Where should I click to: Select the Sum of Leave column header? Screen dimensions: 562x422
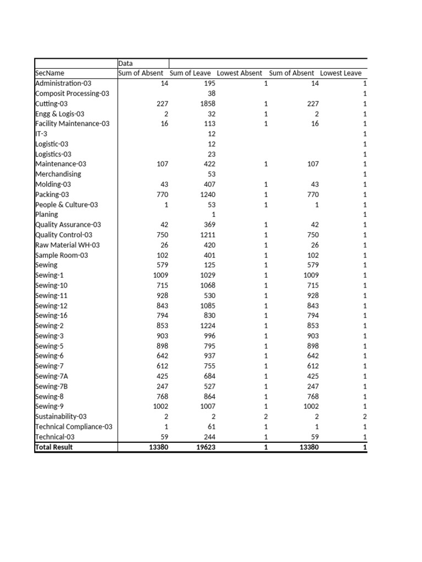tap(190, 74)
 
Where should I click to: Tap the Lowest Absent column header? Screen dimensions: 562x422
tap(240, 74)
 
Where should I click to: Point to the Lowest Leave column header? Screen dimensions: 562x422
tap(341, 74)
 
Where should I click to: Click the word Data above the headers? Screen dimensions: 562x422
tap(126, 64)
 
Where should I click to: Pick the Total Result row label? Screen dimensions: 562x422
tap(54, 447)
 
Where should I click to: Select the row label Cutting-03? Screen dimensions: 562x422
tap(52, 104)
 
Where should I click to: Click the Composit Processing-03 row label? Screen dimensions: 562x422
tap(72, 94)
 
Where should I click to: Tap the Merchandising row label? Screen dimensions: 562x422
tap(58, 175)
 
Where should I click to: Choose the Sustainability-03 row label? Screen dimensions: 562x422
tap(61, 417)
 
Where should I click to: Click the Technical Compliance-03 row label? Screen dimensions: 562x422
tap(74, 427)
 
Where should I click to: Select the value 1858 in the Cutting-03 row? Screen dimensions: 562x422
tap(208, 104)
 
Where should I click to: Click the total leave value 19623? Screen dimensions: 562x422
tap(206, 447)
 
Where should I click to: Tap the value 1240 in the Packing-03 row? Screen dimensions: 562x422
tap(208, 195)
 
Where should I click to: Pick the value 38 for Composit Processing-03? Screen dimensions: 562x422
tap(212, 94)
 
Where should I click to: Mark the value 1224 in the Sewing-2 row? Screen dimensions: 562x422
tap(208, 326)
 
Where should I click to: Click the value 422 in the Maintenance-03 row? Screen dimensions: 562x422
tap(209, 164)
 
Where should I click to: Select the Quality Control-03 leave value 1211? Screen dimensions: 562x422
tap(208, 235)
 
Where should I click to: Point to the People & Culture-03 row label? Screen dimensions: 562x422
tap(66, 205)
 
